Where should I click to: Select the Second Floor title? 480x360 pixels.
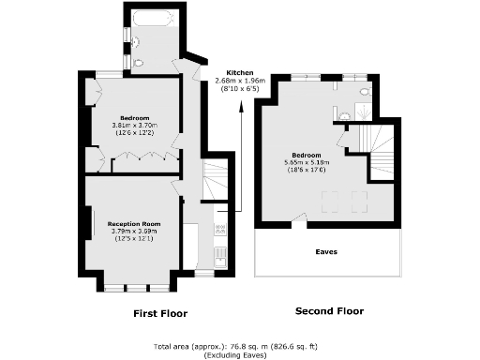[329, 311]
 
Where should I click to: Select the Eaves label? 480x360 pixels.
[326, 251]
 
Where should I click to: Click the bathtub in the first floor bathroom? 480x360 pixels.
[150, 18]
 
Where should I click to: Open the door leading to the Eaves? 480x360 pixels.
[298, 222]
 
